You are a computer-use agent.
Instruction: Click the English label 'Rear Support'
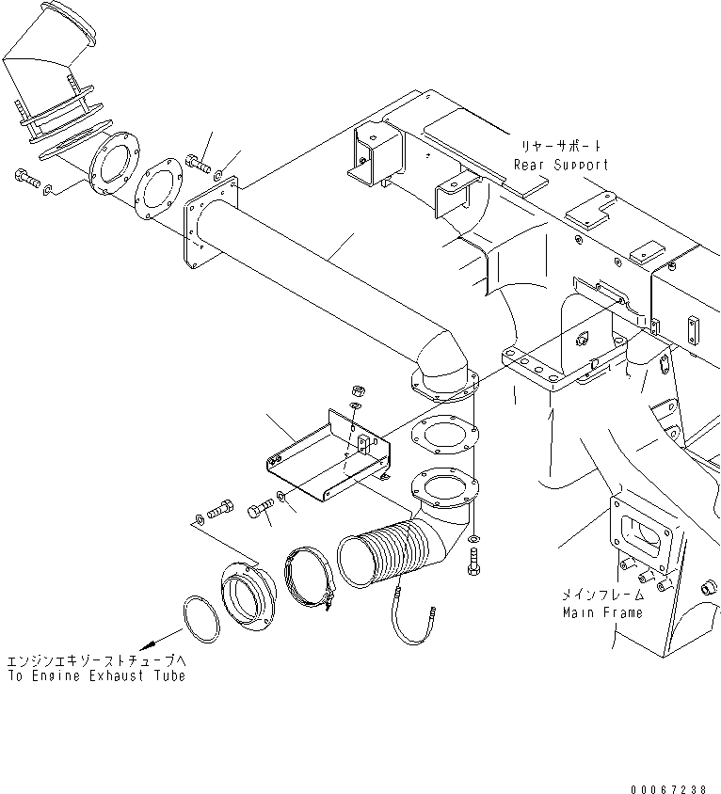point(560,165)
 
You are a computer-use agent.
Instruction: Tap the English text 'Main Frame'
point(603,612)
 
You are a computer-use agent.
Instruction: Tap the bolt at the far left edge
point(25,177)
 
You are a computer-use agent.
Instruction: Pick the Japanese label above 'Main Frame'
point(603,595)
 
